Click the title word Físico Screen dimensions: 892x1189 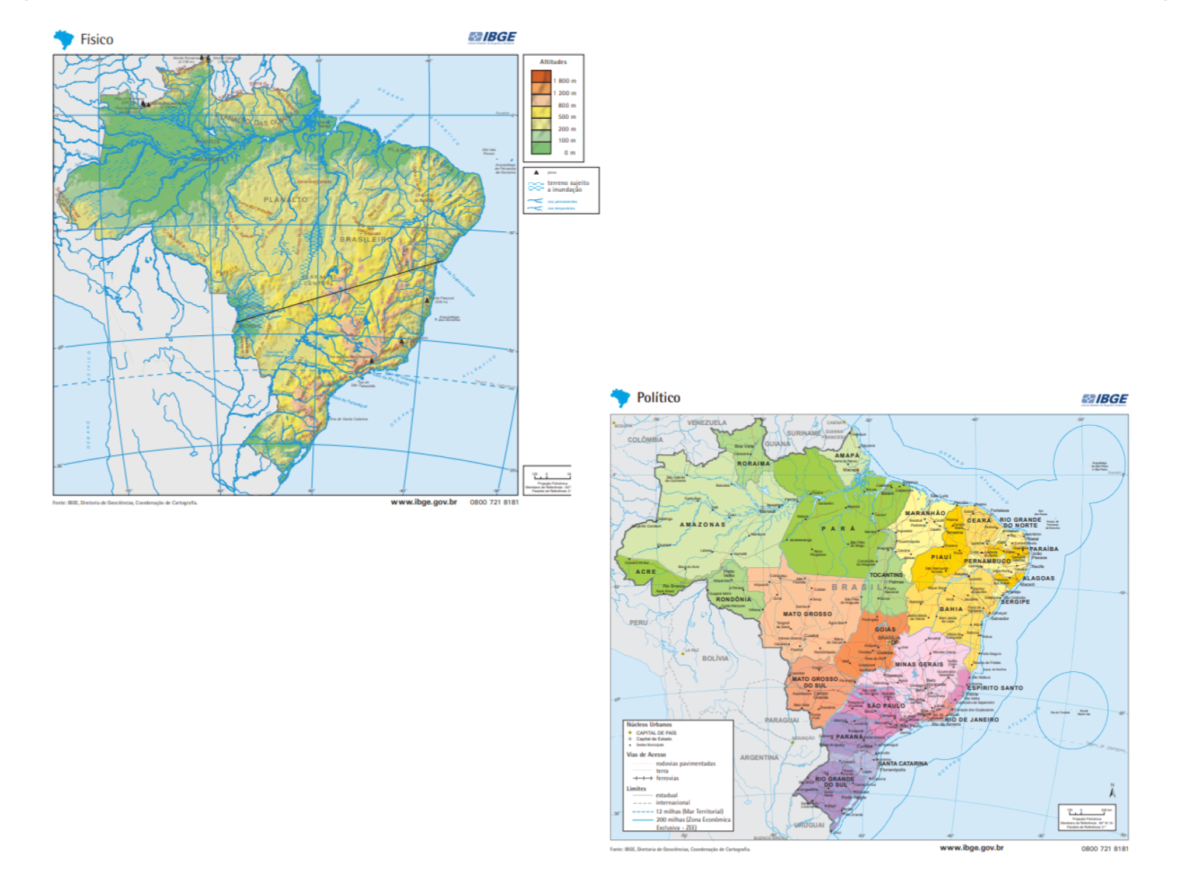[x=97, y=39]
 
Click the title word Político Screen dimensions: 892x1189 [x=658, y=398]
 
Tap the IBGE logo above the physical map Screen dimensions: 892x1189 [x=492, y=37]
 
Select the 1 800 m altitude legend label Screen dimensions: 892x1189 [x=565, y=80]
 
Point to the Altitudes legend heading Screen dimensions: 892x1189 [x=553, y=62]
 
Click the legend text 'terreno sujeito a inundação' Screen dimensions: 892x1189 [x=568, y=186]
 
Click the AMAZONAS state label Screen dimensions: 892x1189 [x=702, y=524]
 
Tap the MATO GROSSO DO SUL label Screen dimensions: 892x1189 [x=814, y=682]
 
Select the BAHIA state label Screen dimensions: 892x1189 [x=951, y=609]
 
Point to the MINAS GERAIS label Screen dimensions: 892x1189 [x=919, y=664]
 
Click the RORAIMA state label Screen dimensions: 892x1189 [x=754, y=463]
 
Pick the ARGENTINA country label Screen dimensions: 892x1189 [x=759, y=757]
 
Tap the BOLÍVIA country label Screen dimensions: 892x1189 [x=715, y=658]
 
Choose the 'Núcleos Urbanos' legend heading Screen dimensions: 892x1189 [x=649, y=724]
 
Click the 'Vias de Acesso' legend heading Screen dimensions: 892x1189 [x=646, y=754]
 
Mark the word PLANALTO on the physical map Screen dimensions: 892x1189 [x=285, y=199]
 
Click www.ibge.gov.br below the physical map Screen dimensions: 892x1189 [x=424, y=502]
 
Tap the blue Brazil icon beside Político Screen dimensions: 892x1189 [x=621, y=398]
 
